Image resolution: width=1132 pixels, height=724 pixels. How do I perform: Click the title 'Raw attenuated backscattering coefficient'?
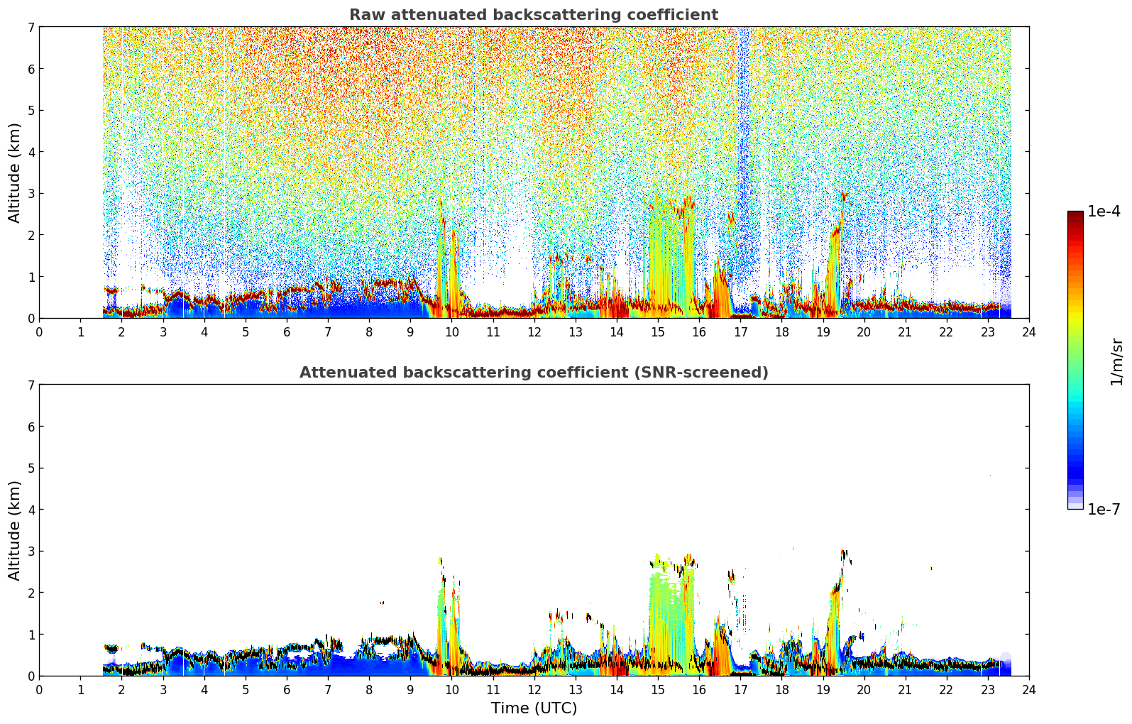[534, 15]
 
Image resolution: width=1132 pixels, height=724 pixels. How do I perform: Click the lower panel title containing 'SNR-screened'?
[534, 373]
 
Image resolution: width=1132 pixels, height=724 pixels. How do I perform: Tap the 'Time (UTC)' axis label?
[534, 708]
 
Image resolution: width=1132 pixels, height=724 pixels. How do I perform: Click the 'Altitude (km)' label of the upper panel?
[14, 173]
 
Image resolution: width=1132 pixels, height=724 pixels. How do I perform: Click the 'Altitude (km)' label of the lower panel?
[14, 531]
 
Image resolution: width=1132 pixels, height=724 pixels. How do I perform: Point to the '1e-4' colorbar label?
[1104, 212]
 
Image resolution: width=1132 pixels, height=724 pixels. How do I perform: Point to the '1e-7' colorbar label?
[1104, 509]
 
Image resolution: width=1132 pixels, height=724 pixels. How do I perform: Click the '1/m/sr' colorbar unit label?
[1116, 362]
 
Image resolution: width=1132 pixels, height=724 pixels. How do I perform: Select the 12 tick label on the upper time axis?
[534, 332]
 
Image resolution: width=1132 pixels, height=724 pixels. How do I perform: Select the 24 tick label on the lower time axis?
[1029, 690]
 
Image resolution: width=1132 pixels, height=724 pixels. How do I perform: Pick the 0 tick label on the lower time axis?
[40, 690]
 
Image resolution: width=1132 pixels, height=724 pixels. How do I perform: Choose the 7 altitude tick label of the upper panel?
[31, 27]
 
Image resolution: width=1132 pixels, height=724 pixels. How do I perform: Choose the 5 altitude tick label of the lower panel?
[31, 468]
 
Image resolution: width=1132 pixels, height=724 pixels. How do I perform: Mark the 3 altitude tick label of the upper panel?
[31, 193]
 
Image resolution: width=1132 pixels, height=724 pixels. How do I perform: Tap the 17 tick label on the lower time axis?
[740, 690]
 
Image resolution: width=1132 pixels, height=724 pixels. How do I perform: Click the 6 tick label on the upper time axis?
[287, 332]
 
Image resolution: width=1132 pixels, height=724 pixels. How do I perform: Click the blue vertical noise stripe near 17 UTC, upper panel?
[744, 152]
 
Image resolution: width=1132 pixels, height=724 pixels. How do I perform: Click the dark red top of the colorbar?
[1075, 214]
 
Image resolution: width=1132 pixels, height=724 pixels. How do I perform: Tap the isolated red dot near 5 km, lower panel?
[990, 476]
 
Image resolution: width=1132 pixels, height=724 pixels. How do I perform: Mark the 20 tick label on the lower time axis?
[864, 690]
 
